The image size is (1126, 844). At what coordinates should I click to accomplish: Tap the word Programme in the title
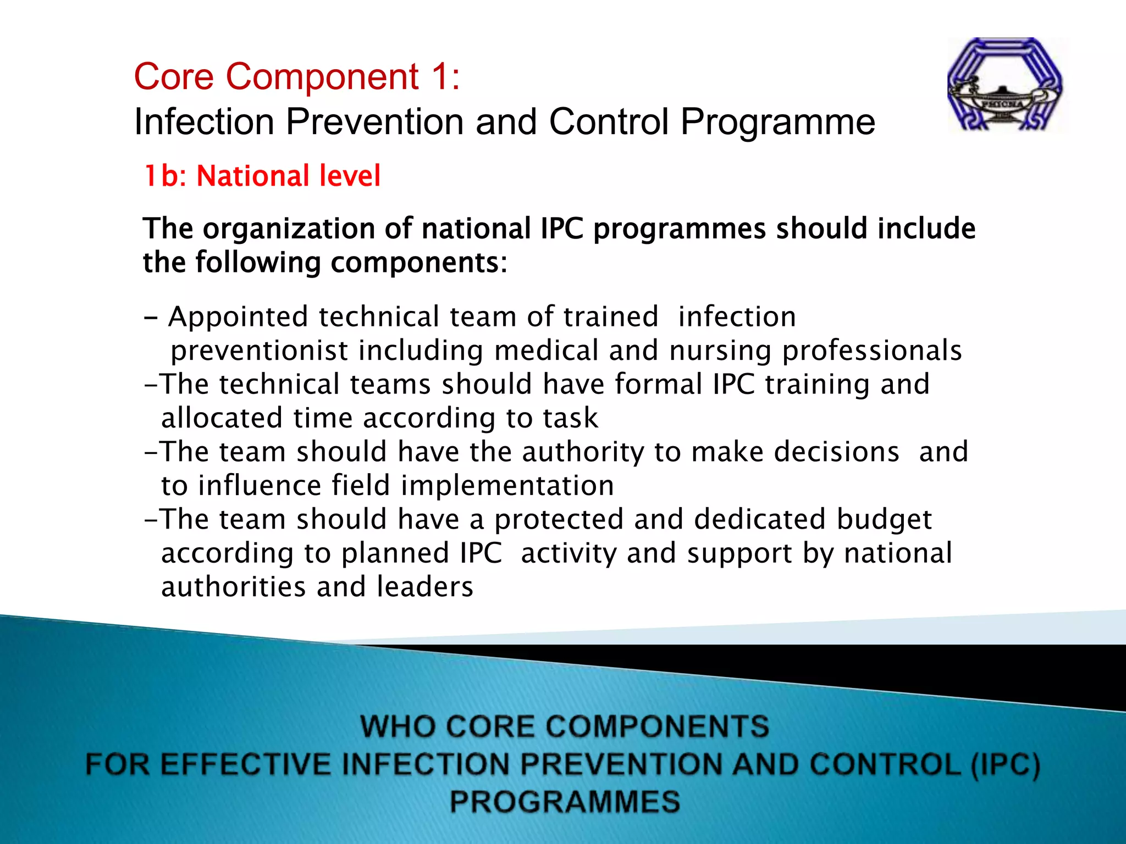click(x=777, y=121)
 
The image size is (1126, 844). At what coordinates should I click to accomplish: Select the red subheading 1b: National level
click(x=262, y=176)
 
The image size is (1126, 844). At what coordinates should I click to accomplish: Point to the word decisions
click(x=836, y=452)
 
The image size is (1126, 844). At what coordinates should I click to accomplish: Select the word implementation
click(x=507, y=486)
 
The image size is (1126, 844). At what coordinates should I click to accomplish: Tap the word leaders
click(x=424, y=587)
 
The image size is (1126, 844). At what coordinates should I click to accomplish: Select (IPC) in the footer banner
click(x=1005, y=765)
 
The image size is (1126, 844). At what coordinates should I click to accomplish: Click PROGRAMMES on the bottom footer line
click(x=565, y=802)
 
